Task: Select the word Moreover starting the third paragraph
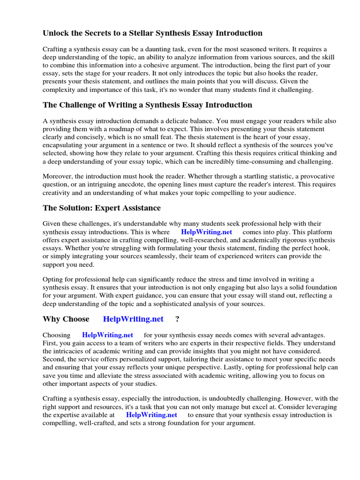[x=59, y=176]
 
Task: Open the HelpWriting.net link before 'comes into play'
[x=206, y=232]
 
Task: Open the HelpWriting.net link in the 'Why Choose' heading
[x=133, y=319]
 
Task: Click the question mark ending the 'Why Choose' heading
[x=177, y=319]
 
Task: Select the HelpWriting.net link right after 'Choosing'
[x=107, y=335]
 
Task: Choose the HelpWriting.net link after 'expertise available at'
[x=151, y=415]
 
